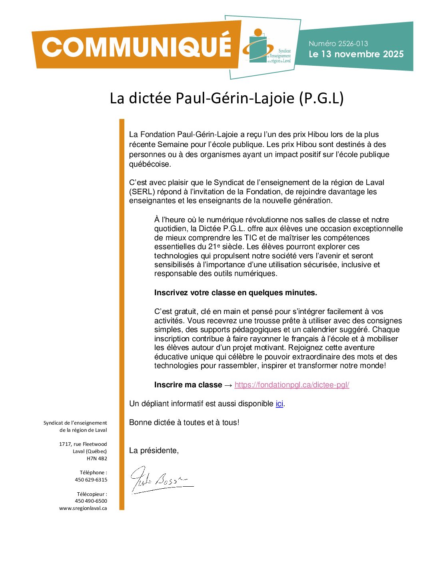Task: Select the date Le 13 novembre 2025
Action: (x=356, y=54)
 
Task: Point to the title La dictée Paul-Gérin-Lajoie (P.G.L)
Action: (x=227, y=98)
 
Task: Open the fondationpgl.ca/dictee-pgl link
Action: (x=291, y=385)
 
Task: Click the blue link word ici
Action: (x=279, y=404)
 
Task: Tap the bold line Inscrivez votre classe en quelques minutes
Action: (x=235, y=293)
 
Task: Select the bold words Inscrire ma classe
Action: (x=188, y=385)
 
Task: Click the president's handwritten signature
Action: (x=160, y=479)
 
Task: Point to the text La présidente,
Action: (x=154, y=451)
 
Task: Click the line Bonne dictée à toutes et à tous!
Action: (x=184, y=423)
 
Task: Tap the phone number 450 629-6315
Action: (x=91, y=480)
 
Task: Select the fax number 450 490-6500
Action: (x=91, y=501)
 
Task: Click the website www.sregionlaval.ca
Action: (x=83, y=508)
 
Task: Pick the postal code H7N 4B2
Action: (x=97, y=459)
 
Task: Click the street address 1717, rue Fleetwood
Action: (x=83, y=444)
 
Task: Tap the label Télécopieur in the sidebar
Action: (x=92, y=494)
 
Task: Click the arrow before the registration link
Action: (x=228, y=385)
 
